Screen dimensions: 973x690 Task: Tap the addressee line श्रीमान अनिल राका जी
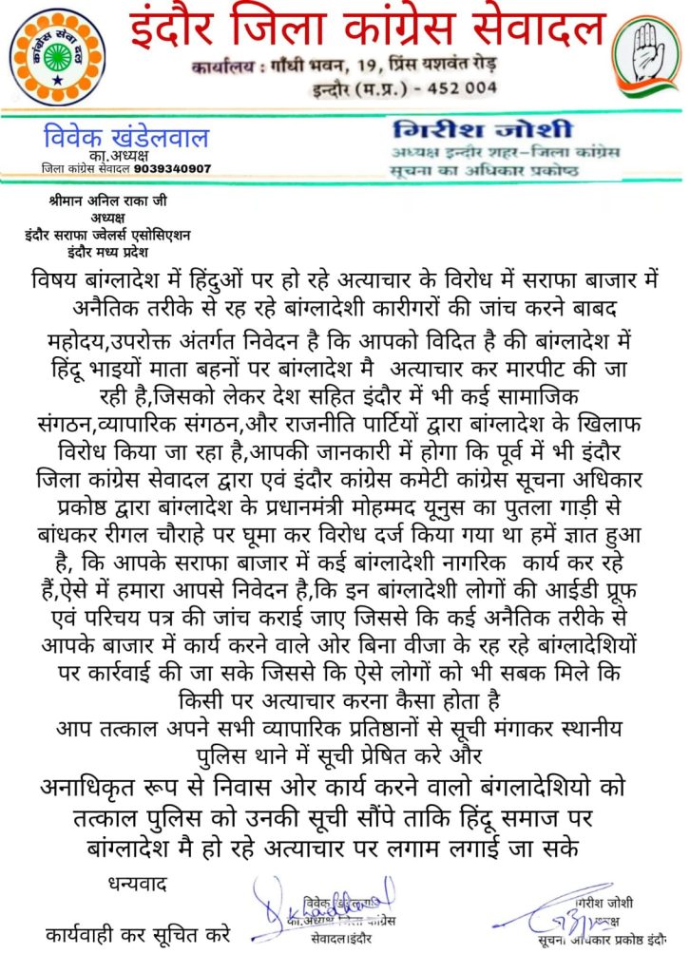point(105,202)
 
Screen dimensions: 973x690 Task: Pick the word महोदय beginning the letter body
point(73,339)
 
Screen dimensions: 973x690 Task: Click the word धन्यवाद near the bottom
point(136,886)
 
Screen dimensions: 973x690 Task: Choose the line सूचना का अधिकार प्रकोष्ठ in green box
point(489,167)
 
